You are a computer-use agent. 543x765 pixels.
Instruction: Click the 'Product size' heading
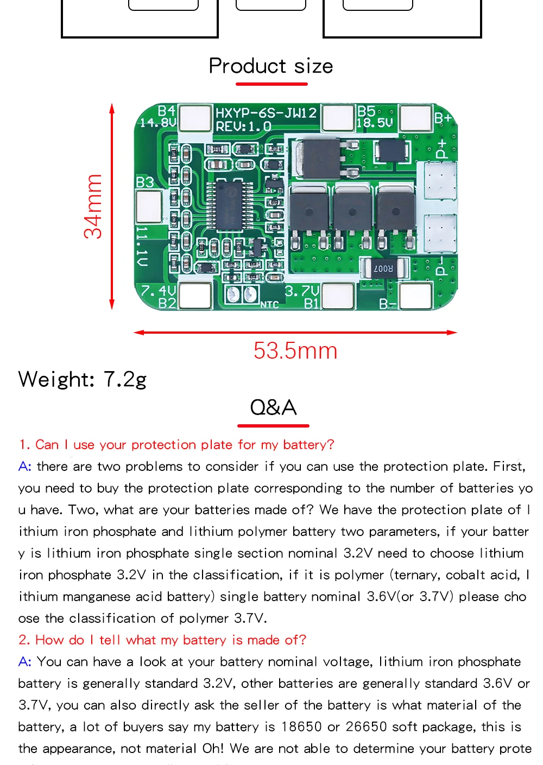[271, 66]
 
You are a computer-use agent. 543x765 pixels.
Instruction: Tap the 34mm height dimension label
[93, 207]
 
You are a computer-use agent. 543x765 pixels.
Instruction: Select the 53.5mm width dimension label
[295, 350]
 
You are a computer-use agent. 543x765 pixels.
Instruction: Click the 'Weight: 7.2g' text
[83, 379]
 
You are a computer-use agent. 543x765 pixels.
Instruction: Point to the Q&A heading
[273, 407]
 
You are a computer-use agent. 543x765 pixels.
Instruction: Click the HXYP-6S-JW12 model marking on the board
[266, 113]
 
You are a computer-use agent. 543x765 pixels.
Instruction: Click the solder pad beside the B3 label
[148, 206]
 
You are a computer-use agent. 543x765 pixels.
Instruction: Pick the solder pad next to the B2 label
[195, 296]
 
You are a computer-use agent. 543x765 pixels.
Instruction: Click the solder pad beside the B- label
[415, 296]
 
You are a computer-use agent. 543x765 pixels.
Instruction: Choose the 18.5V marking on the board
[375, 123]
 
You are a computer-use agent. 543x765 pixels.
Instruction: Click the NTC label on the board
[269, 305]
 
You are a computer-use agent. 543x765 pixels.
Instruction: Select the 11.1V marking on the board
[142, 247]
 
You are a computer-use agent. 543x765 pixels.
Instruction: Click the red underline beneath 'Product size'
[271, 84]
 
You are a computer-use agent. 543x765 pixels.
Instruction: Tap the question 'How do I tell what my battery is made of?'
[162, 640]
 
